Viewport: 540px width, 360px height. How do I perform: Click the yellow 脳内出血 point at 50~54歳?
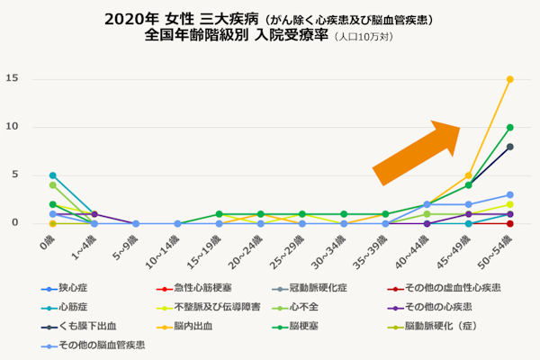click(510, 79)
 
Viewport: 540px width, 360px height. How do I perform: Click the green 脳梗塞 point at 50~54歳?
click(510, 127)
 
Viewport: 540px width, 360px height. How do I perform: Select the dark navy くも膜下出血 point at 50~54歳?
click(510, 147)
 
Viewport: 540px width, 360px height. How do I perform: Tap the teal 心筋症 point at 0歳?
click(53, 175)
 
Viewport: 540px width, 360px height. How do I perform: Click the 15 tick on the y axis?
click(12, 78)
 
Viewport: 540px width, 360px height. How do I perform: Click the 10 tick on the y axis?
click(12, 127)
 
